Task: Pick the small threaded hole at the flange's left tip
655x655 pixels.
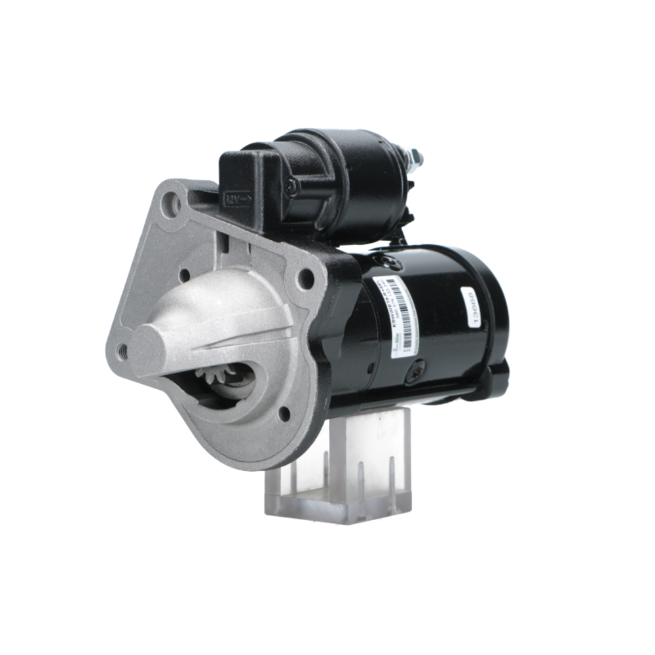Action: point(122,350)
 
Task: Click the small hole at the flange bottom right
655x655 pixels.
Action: point(284,413)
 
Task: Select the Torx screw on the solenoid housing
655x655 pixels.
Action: point(291,187)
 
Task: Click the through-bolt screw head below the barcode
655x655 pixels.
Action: point(415,371)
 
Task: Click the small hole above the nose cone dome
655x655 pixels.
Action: point(185,274)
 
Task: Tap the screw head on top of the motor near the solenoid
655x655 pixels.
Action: point(391,263)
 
